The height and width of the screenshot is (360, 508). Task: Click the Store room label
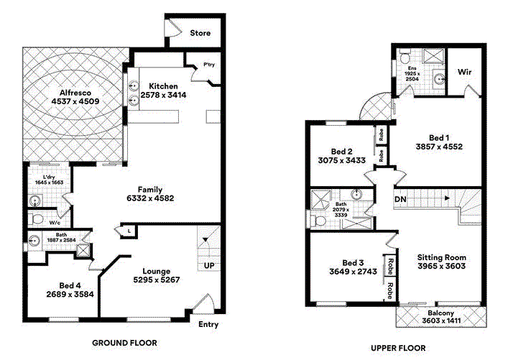point(200,33)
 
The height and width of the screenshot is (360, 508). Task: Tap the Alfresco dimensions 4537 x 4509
point(75,101)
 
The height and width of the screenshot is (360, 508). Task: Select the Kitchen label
point(163,86)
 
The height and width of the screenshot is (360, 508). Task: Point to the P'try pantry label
point(209,65)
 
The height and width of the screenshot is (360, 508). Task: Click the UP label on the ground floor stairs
point(209,266)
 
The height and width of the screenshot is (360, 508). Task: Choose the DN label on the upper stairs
point(400,199)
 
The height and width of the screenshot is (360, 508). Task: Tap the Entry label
point(208,324)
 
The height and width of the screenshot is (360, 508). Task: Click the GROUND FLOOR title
point(125,343)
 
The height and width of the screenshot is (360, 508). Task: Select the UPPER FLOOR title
point(398,349)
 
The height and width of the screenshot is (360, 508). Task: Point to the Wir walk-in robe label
point(464,72)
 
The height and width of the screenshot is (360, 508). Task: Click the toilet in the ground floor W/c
point(36,219)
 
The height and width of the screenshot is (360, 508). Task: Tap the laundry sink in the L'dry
point(35,201)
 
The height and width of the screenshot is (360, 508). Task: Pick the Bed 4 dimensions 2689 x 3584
point(70,295)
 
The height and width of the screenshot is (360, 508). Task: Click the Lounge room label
point(157,271)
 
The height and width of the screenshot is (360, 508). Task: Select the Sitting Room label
point(442,258)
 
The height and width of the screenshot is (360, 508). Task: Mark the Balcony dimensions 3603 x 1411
point(441,320)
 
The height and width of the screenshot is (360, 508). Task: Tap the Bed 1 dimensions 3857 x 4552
point(439,147)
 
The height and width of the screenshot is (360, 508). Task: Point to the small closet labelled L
point(129,231)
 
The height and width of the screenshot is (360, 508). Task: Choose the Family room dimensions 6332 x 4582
point(150,198)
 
